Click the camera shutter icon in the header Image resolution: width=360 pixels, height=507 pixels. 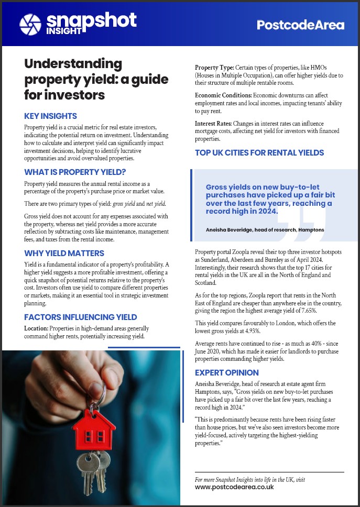30,23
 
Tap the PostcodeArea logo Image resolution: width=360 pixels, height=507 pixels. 300,25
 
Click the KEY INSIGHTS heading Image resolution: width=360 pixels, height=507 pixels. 51,116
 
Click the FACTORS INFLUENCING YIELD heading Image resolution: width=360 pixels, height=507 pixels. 81,317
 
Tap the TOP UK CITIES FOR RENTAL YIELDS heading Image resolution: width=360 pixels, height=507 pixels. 259,153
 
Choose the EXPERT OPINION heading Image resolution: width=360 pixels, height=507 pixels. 227,372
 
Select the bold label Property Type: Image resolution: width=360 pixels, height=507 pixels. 214,68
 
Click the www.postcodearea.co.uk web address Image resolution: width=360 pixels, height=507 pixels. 234,487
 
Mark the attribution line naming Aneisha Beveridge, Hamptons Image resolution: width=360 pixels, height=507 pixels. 265,229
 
